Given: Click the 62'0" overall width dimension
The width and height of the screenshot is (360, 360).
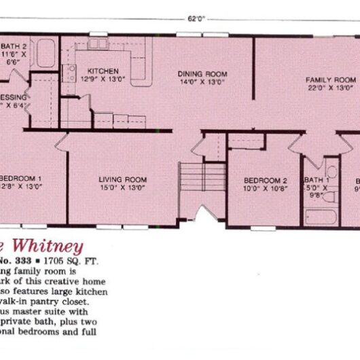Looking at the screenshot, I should pyautogui.click(x=196, y=19).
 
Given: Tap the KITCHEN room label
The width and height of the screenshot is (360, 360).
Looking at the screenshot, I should pyautogui.click(x=103, y=71).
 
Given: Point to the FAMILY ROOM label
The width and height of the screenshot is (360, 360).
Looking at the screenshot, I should pyautogui.click(x=330, y=79).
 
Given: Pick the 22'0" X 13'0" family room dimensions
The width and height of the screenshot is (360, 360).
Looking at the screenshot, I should pyautogui.click(x=330, y=87).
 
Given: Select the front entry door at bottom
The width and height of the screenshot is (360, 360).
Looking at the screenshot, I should pyautogui.click(x=198, y=217).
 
